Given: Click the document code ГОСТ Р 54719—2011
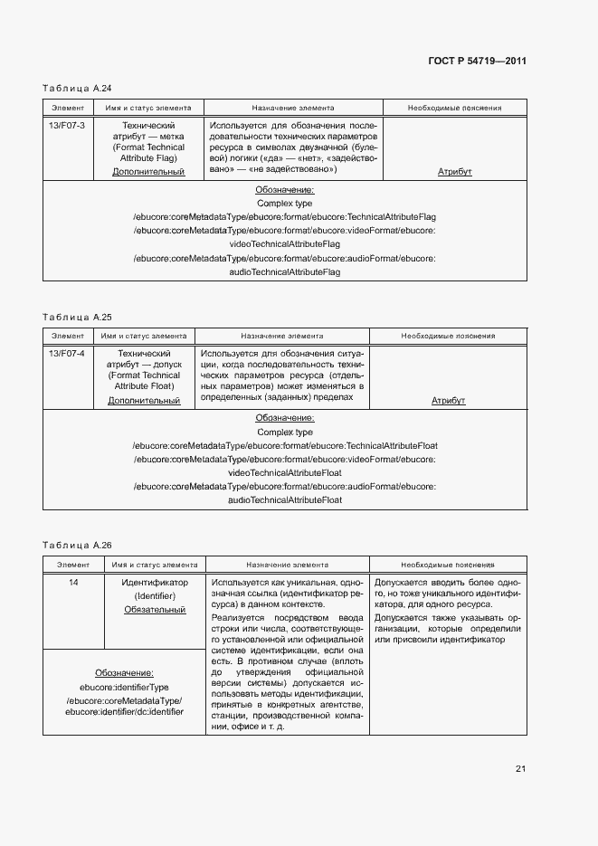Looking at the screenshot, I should (x=476, y=62).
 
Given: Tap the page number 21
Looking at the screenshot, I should (x=520, y=769).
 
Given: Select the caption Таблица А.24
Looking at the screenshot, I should (x=77, y=88).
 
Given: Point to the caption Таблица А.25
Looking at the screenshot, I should (x=77, y=317).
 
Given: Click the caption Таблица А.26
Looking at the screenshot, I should (x=77, y=546).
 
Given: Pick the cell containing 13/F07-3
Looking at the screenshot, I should (x=67, y=125).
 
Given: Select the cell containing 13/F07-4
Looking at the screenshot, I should (x=67, y=353).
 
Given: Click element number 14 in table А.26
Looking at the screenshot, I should (x=73, y=583).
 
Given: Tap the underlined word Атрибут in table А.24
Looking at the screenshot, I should (x=455, y=171).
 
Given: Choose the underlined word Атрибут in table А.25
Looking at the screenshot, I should (x=448, y=400).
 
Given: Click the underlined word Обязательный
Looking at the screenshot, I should (x=155, y=610).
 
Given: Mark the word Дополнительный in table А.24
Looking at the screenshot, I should (x=148, y=171).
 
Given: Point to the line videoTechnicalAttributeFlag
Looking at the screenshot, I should (x=285, y=244).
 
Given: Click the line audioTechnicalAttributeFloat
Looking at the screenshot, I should (x=285, y=500).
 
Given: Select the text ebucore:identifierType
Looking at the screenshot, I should (x=124, y=687).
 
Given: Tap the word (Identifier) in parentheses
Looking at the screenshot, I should (x=155, y=596).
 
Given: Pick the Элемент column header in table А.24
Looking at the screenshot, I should (x=67, y=108).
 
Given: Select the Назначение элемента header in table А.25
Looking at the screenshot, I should (x=282, y=336).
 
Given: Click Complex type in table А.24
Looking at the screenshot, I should (x=285, y=204).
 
